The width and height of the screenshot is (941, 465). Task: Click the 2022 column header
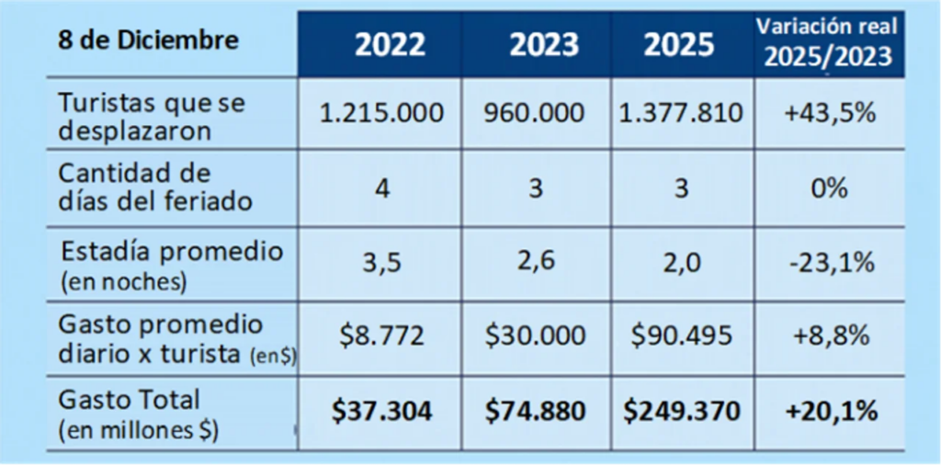(390, 45)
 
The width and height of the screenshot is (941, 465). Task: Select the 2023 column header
(544, 45)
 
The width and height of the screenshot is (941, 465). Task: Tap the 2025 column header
(679, 45)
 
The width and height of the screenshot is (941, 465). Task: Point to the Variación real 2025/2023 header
(828, 42)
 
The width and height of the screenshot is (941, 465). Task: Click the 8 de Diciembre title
(148, 40)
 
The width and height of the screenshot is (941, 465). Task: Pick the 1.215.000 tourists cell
(381, 113)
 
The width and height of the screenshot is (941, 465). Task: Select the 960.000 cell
(534, 113)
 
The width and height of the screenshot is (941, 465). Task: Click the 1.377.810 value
(683, 113)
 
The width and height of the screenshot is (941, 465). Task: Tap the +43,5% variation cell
(830, 113)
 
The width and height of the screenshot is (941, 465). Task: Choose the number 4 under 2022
(382, 189)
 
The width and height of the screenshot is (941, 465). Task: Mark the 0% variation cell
(831, 189)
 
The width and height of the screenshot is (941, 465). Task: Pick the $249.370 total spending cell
(682, 412)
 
